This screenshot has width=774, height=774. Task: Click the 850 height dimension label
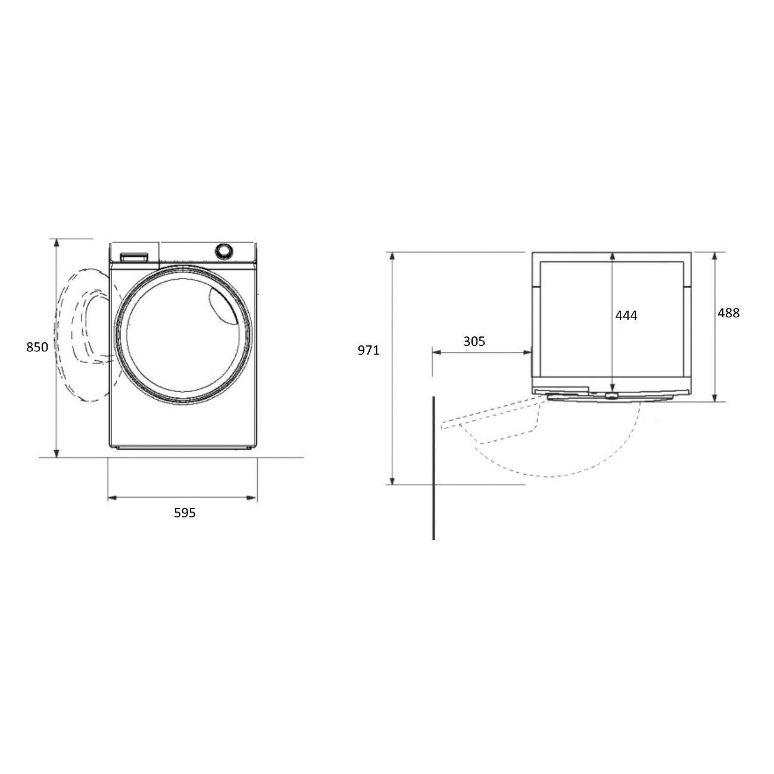point(37,347)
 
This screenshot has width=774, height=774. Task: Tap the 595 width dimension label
point(185,513)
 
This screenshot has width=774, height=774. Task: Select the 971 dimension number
point(369,350)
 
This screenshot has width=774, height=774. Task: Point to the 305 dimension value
point(474,341)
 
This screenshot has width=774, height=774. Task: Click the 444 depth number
point(626,316)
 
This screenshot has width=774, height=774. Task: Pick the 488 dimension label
point(728,313)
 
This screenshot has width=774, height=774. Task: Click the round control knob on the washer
point(223,251)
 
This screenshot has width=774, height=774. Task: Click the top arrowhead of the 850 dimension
point(57,242)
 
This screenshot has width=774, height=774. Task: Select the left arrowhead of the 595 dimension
point(112,498)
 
